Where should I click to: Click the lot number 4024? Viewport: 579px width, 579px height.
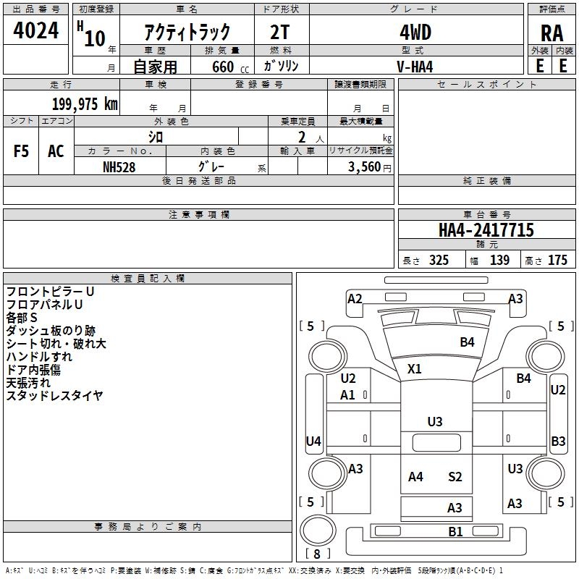click(x=35, y=30)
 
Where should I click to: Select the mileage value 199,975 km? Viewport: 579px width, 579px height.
click(x=85, y=104)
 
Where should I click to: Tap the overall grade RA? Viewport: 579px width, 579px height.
click(x=552, y=33)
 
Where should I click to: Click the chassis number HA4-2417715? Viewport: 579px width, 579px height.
click(x=486, y=230)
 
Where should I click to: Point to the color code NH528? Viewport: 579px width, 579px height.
click(x=119, y=167)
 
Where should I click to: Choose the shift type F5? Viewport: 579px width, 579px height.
click(x=21, y=151)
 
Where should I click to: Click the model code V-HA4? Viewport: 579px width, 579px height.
click(x=415, y=67)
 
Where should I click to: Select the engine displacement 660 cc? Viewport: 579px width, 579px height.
click(x=230, y=67)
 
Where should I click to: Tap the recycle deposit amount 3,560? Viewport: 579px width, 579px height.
click(x=365, y=167)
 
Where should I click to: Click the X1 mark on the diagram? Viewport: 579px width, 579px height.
click(x=414, y=368)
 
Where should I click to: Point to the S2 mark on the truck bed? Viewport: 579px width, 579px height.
click(x=455, y=477)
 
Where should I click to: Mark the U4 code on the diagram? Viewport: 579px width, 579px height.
click(x=313, y=441)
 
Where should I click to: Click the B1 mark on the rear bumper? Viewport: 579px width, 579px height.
click(x=455, y=532)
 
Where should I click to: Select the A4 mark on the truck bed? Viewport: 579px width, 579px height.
click(x=415, y=477)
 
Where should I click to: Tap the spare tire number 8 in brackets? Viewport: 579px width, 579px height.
click(x=317, y=554)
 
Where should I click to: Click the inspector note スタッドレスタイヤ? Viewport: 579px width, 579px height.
click(x=55, y=396)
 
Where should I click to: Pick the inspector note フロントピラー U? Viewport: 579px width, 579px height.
click(x=50, y=292)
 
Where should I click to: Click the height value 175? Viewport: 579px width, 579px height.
click(x=557, y=260)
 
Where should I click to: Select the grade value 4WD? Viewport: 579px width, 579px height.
click(x=415, y=33)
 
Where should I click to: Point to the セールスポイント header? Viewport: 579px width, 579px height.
click(x=486, y=85)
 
